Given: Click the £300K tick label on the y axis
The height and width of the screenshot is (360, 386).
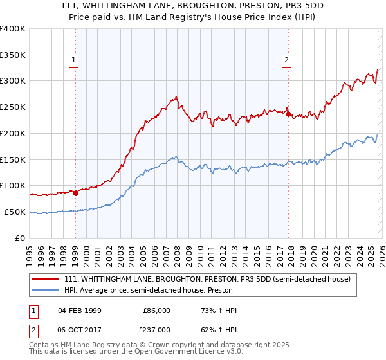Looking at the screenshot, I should (x=13, y=81).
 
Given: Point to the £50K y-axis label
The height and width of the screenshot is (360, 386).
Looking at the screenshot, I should (x=15, y=212).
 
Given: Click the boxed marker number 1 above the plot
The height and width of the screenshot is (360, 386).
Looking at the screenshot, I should (x=75, y=61).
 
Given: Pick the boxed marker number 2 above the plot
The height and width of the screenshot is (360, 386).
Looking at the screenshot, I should (x=286, y=61).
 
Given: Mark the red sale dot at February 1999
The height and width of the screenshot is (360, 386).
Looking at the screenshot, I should (x=75, y=192).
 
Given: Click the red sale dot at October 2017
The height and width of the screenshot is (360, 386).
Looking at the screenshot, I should (x=288, y=114).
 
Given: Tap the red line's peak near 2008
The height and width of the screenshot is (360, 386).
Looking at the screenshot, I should (x=176, y=97).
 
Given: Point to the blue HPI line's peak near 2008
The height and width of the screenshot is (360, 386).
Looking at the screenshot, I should (x=175, y=156).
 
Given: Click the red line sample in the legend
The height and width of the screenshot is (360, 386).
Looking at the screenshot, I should (x=46, y=280).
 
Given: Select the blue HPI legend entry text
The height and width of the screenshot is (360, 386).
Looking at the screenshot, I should (x=148, y=291).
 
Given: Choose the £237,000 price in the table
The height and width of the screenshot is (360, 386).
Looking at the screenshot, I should (x=156, y=329).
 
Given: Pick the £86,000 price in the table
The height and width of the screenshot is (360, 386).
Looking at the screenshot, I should (x=156, y=310).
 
